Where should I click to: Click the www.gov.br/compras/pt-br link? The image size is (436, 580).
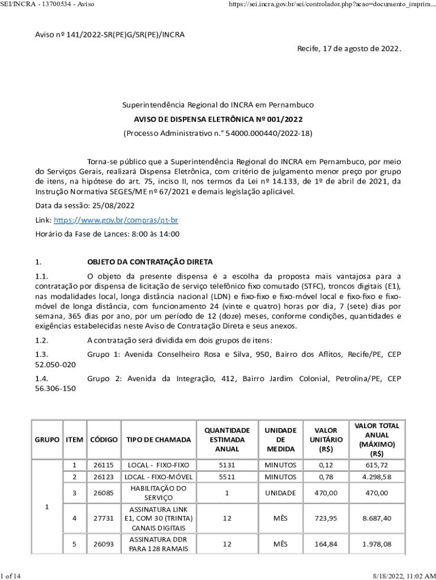[x=116, y=220]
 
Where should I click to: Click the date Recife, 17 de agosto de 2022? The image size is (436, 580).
[x=349, y=49]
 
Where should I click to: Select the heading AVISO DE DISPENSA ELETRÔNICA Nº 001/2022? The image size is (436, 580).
[x=218, y=120]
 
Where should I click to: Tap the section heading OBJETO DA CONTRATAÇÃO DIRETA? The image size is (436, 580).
[x=149, y=262]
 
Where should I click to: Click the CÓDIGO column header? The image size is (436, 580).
[x=104, y=440]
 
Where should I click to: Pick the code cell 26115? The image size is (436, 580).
[x=104, y=465]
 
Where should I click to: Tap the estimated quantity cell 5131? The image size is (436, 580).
[x=226, y=465]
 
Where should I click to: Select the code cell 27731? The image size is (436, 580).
[x=104, y=518]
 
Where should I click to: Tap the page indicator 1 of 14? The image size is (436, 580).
[x=11, y=576]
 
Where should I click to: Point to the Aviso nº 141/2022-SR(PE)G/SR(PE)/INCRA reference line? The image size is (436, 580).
[x=110, y=35]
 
